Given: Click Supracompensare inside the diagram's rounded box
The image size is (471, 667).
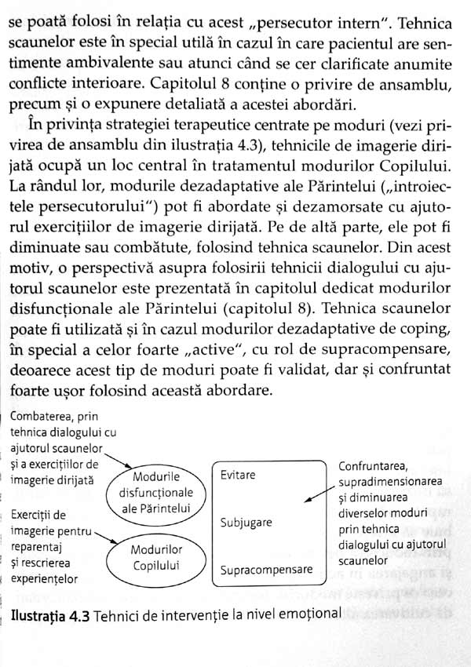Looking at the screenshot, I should [x=266, y=569].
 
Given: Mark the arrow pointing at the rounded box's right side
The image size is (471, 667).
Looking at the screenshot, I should [x=319, y=495].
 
